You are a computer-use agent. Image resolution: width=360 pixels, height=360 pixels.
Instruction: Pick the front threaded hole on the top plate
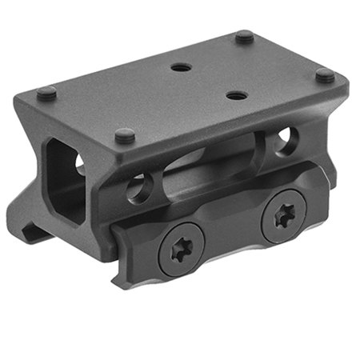[x=234, y=95]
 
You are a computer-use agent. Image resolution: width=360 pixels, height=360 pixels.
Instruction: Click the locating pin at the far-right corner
[x=325, y=75]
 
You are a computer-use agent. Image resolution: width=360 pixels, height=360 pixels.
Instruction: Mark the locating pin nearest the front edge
[x=124, y=136]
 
